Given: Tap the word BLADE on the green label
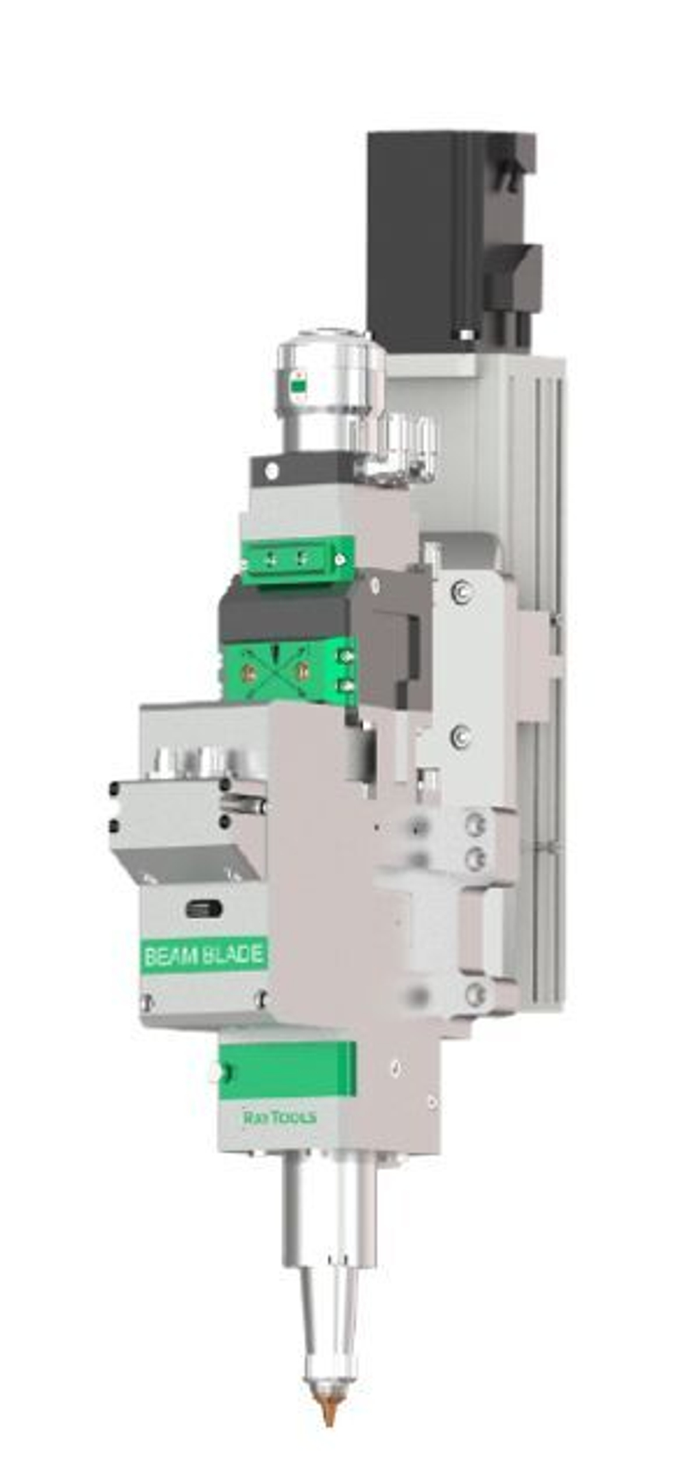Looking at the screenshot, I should [x=233, y=955].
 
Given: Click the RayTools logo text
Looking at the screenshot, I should [x=280, y=1118].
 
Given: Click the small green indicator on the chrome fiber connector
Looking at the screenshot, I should [x=298, y=386].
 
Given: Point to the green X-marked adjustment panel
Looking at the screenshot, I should [x=274, y=672].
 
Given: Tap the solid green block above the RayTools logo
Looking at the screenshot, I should [x=288, y=1069].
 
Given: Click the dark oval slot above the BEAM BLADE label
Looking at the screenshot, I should [x=204, y=909].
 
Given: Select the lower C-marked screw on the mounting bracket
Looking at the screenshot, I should [x=460, y=736].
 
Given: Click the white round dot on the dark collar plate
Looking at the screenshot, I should [x=272, y=471].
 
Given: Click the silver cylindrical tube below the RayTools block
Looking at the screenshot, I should [x=329, y=1207].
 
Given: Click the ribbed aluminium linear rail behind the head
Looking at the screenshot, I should [x=542, y=686].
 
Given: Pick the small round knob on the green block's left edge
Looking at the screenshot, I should [x=220, y=1071].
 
